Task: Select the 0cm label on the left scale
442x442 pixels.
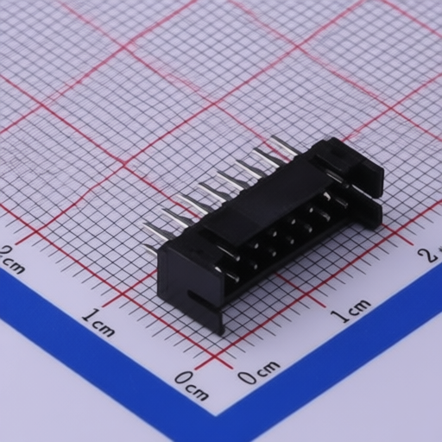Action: (x=191, y=385)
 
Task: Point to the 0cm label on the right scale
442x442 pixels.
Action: (x=258, y=372)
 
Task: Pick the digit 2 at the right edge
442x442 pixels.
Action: (x=426, y=254)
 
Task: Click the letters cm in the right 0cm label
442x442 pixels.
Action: (x=267, y=369)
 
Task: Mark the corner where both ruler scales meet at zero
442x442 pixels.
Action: (x=223, y=362)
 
